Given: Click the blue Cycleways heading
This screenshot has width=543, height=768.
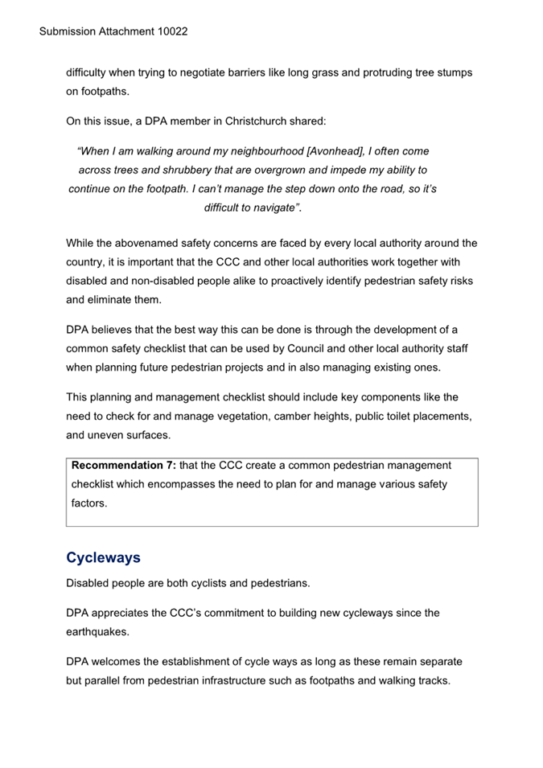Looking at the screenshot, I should (x=103, y=557).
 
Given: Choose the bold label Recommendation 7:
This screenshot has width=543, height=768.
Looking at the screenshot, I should (x=123, y=465).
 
